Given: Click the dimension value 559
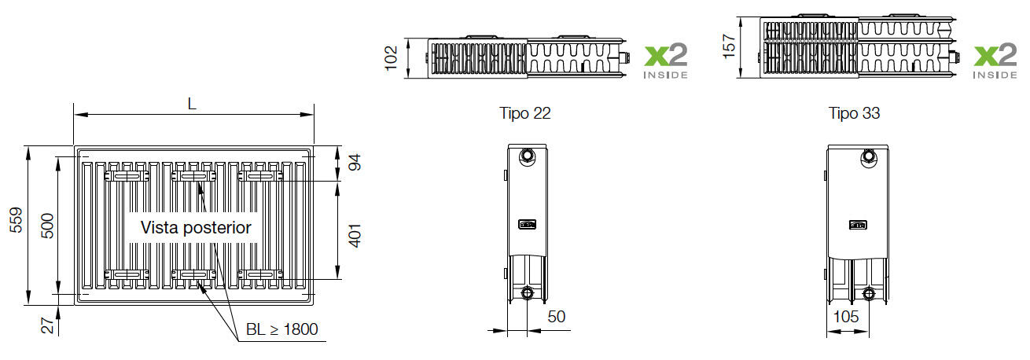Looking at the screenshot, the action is pyautogui.click(x=16, y=220).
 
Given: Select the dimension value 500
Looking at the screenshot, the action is pyautogui.click(x=47, y=226).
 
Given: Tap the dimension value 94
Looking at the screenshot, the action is pyautogui.click(x=355, y=162).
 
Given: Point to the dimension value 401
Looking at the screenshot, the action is pyautogui.click(x=355, y=235).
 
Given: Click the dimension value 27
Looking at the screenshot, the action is pyautogui.click(x=47, y=325).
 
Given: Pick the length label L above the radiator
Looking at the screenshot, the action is pyautogui.click(x=192, y=104).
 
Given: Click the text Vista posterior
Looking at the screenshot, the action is pyautogui.click(x=196, y=228).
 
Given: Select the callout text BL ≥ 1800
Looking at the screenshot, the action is pyautogui.click(x=281, y=329).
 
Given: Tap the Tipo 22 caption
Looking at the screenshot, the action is pyautogui.click(x=525, y=113).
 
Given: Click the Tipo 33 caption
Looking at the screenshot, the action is pyautogui.click(x=855, y=113).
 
